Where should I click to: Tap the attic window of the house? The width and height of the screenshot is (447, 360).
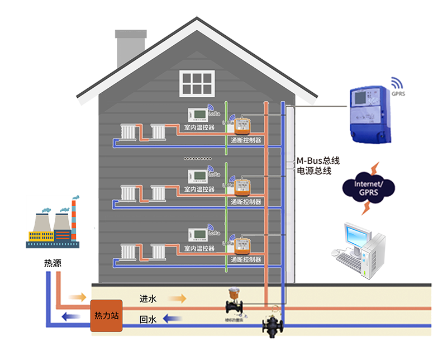point(197,83)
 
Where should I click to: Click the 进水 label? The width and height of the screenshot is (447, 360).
point(148,299)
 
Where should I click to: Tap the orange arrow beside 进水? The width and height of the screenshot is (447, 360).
point(177,299)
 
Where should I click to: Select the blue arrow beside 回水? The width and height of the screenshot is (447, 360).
point(173,319)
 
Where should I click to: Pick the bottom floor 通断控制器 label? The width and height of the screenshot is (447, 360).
point(246,260)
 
